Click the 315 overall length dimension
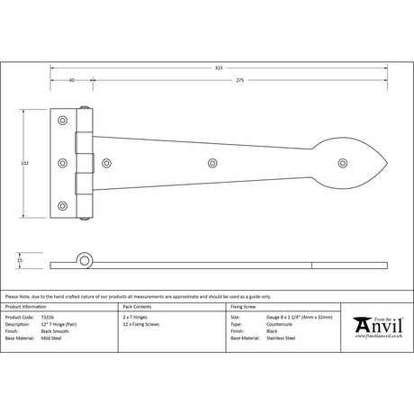(x=219, y=67)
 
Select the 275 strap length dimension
(x=238, y=81)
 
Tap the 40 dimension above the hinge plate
(x=70, y=81)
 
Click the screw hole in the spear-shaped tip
(x=343, y=163)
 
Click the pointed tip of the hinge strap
(x=389, y=163)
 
